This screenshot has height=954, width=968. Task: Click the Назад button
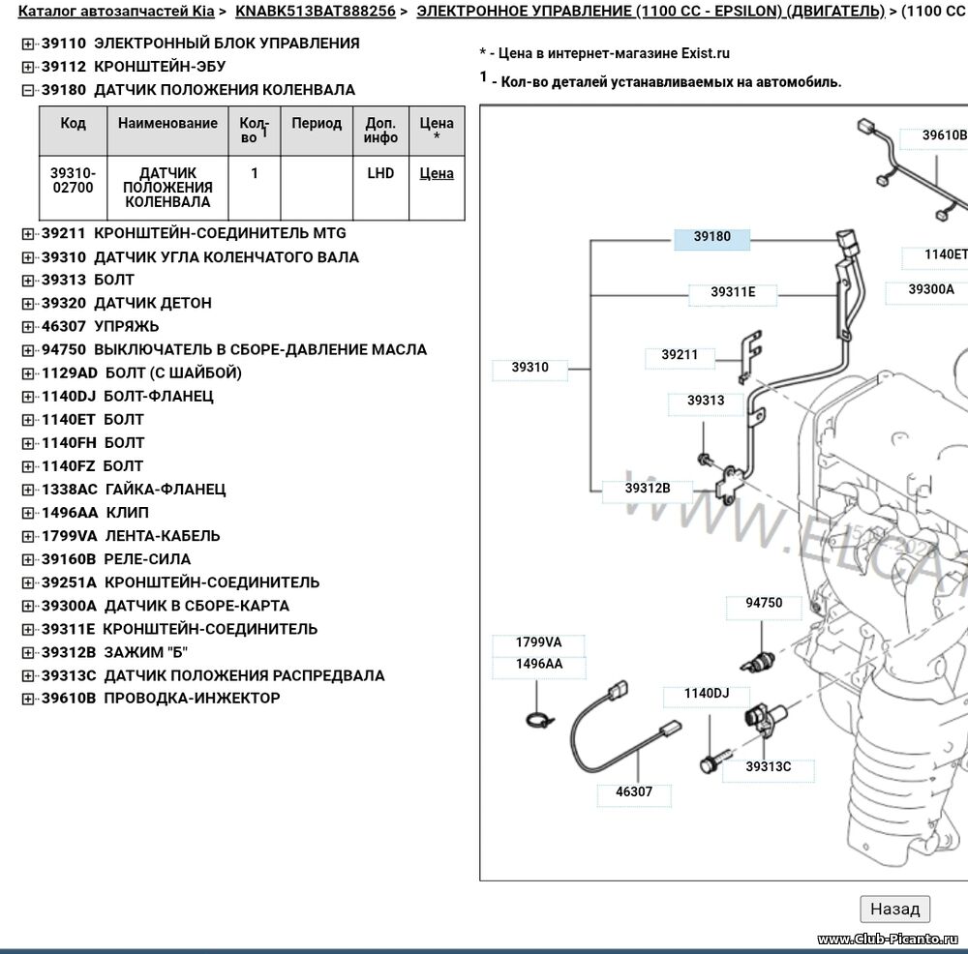tap(894, 909)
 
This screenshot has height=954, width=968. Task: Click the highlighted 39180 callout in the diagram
tap(711, 236)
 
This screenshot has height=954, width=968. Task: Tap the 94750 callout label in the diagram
tap(764, 603)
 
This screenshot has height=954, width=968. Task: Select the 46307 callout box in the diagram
tap(634, 791)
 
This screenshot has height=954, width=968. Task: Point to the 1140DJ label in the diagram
tap(706, 693)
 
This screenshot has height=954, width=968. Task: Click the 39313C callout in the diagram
tap(768, 767)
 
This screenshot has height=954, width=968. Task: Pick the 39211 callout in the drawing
tap(680, 355)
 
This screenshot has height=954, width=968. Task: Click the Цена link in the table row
tap(437, 173)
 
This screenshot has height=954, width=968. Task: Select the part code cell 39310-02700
tap(73, 180)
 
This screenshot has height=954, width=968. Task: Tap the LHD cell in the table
tap(380, 173)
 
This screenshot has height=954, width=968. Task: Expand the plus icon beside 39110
tap(28, 44)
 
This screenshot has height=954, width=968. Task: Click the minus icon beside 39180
tap(28, 90)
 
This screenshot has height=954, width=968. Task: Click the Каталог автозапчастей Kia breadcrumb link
tap(116, 12)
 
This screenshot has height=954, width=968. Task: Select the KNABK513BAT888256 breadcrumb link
tap(315, 12)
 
